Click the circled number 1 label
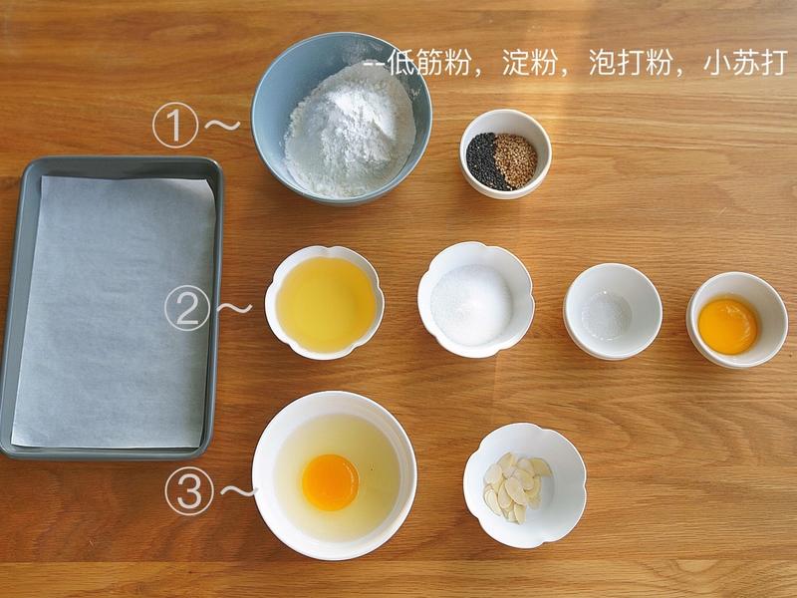[x=173, y=128]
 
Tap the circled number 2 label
[x=186, y=309]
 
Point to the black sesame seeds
[x=487, y=161]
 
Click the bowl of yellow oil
[x=325, y=302]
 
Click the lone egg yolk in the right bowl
[x=728, y=326]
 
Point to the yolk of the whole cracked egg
[x=330, y=481]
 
